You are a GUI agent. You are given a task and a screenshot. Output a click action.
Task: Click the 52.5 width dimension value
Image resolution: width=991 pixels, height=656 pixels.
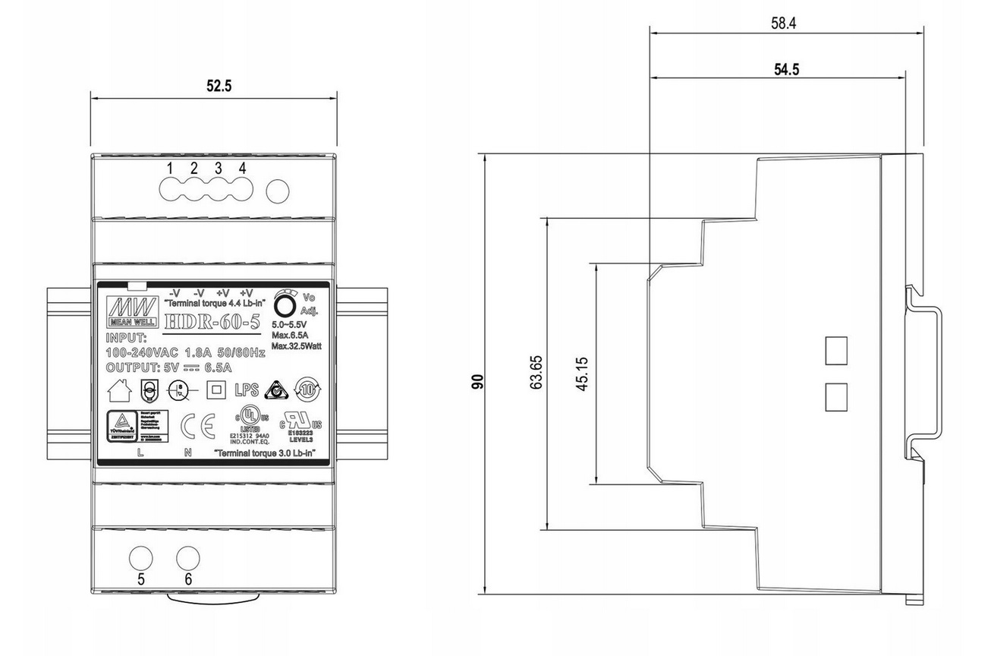coord(219,86)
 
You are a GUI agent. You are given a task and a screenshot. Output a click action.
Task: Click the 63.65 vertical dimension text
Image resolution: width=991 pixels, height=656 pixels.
coord(537,373)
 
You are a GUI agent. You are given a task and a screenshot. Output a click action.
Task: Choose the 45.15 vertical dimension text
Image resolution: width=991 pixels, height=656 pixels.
coord(583,373)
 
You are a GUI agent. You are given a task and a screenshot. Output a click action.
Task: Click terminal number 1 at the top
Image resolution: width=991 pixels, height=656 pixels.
coord(170,168)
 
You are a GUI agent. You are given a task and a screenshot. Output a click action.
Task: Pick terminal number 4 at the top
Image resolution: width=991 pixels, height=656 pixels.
coord(242,168)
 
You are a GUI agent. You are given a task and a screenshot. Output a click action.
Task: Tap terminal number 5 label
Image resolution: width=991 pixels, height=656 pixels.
coord(141,579)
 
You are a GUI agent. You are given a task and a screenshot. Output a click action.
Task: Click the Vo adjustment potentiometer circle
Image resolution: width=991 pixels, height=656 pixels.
coord(285,304)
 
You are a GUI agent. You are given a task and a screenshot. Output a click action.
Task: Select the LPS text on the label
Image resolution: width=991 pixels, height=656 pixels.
coord(246,390)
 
